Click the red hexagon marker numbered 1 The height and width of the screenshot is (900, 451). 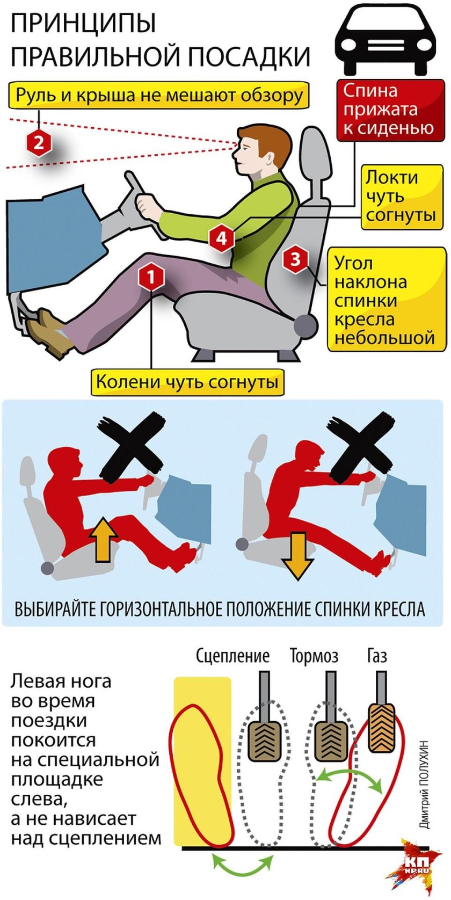click(x=151, y=277)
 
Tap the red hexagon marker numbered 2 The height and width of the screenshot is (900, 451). click(x=39, y=143)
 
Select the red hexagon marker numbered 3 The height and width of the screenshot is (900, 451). click(x=295, y=259)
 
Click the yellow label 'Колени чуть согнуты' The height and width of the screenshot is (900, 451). click(x=187, y=382)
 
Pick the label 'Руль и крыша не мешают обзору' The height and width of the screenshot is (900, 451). click(x=159, y=96)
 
